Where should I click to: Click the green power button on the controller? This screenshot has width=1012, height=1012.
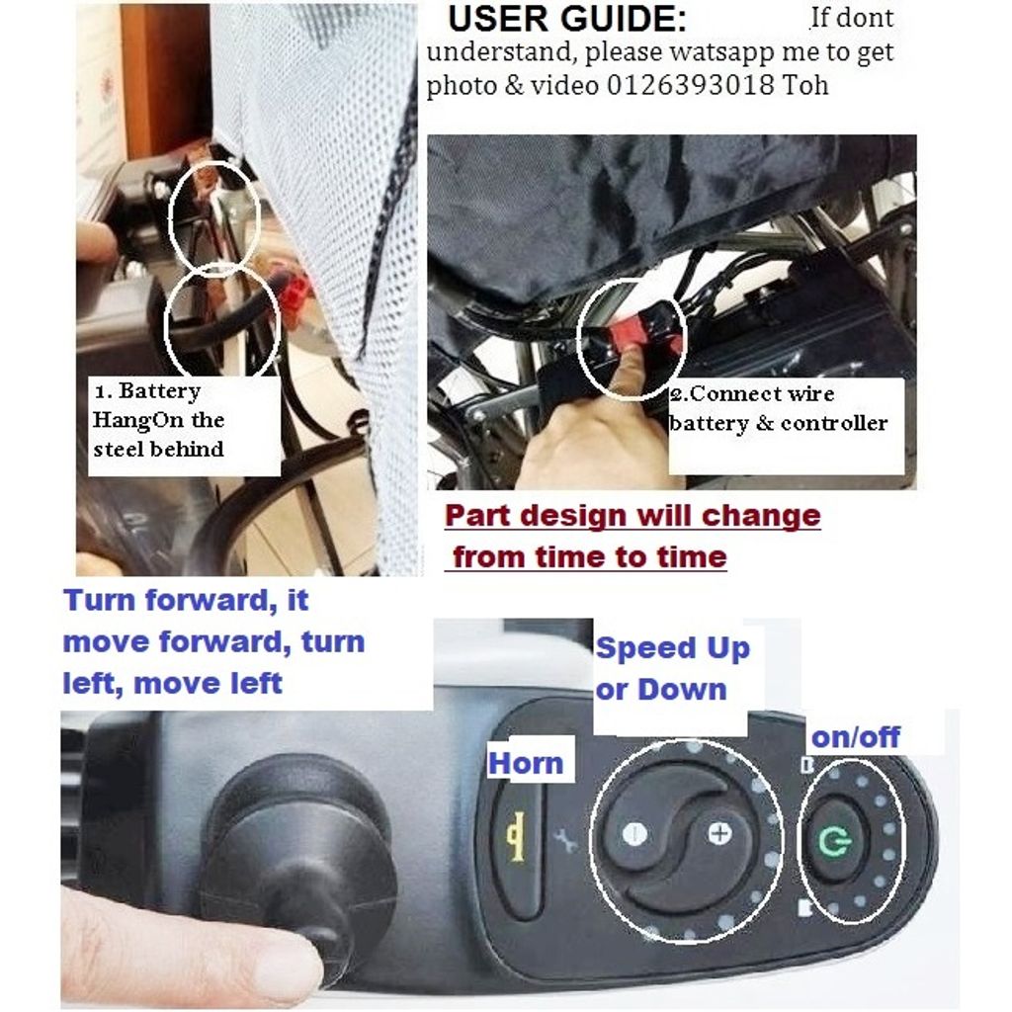[835, 841]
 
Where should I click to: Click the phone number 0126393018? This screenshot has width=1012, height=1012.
[690, 85]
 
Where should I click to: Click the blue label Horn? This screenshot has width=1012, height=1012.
[526, 764]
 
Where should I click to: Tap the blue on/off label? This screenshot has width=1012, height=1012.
[855, 737]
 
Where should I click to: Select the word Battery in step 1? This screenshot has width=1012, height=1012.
[159, 391]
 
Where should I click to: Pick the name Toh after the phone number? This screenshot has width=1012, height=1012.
[804, 85]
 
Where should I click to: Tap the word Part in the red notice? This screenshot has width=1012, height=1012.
[477, 516]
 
